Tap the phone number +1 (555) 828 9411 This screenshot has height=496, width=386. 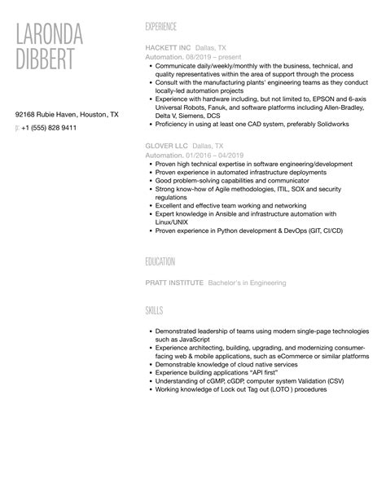click(x=50, y=128)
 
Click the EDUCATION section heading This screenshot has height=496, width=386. click(x=160, y=261)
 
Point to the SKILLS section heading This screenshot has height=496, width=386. click(x=154, y=310)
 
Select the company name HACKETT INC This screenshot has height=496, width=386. click(x=169, y=48)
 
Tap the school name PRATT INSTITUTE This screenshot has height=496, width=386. click(x=174, y=283)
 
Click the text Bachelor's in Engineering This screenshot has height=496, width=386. click(x=248, y=283)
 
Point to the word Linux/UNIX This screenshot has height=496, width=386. click(x=173, y=222)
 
